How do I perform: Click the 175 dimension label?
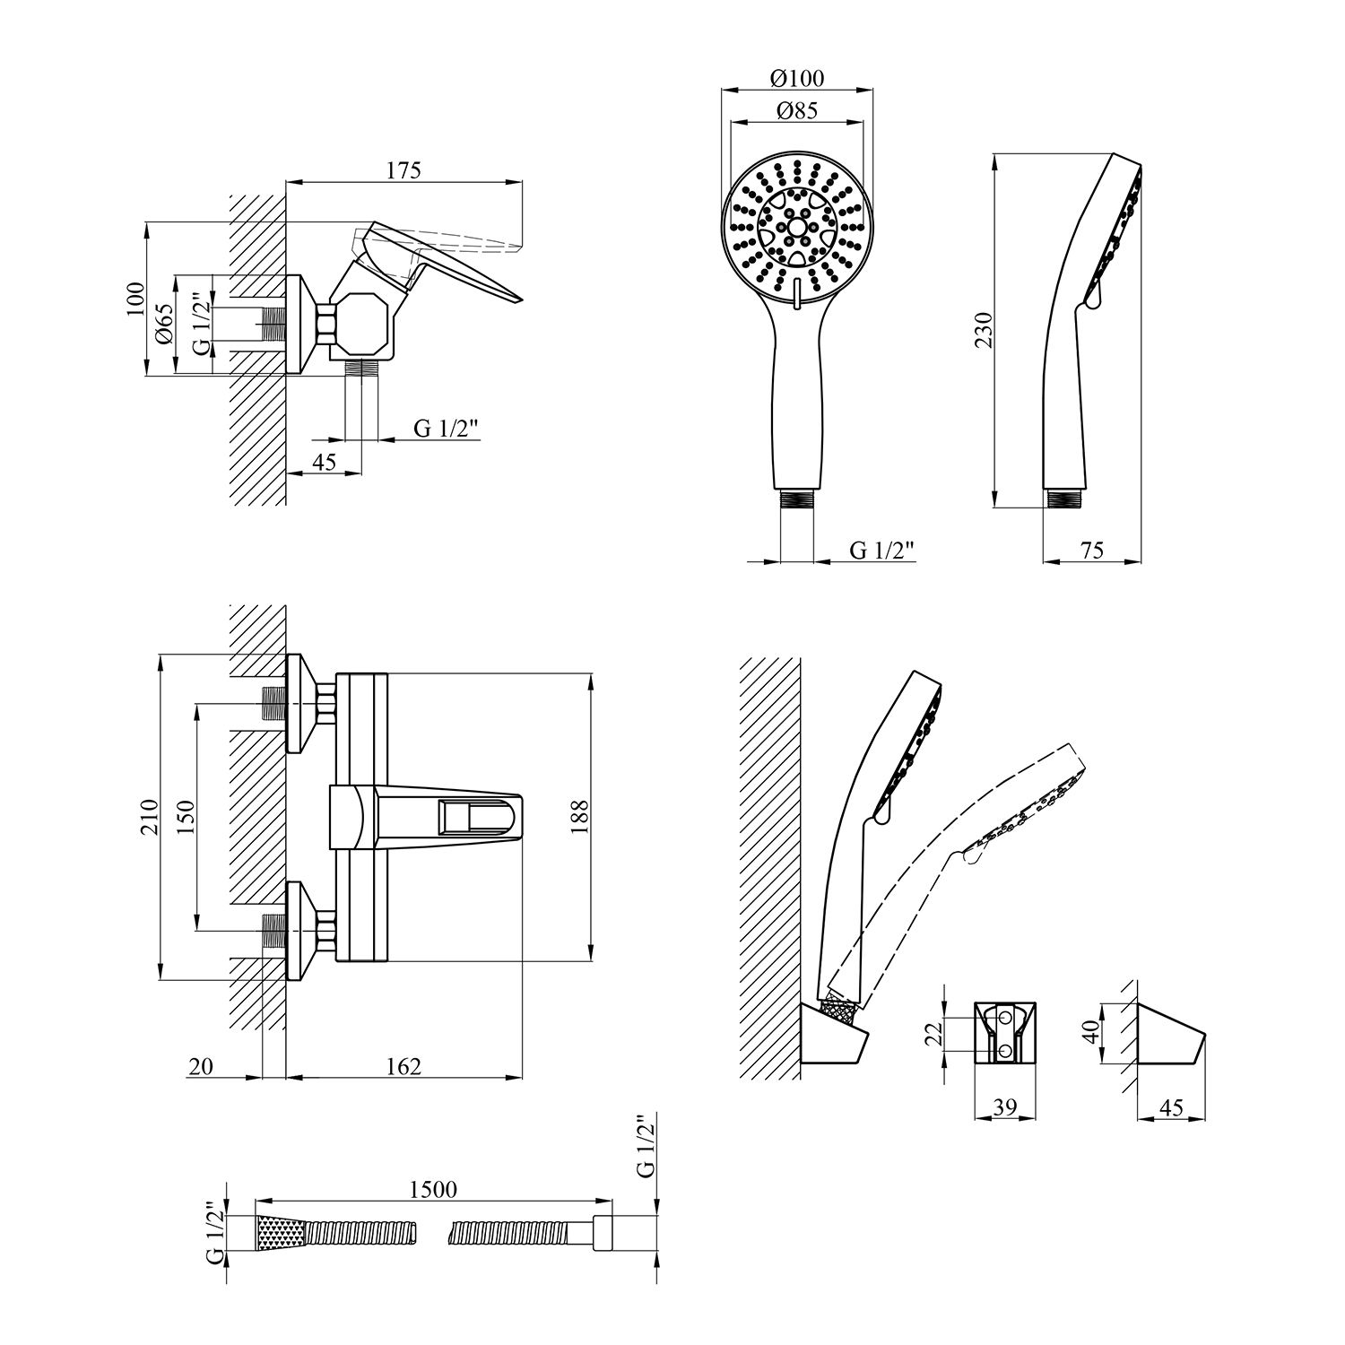(x=404, y=170)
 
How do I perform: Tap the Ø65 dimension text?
(x=163, y=324)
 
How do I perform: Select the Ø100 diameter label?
(x=797, y=78)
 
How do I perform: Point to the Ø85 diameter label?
(x=797, y=111)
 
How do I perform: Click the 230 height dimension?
(x=985, y=330)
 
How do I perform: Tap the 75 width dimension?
(x=1092, y=551)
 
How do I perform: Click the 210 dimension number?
(x=149, y=817)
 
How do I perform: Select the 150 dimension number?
(x=187, y=817)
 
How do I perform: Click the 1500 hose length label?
(x=434, y=1189)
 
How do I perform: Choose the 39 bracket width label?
(x=1005, y=1108)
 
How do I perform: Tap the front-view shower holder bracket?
(x=1005, y=1034)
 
